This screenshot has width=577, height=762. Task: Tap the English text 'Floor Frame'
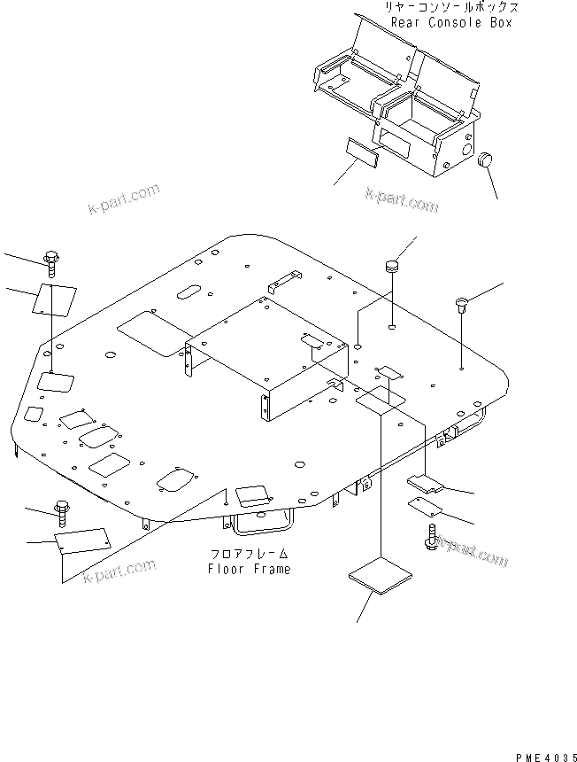tap(249, 569)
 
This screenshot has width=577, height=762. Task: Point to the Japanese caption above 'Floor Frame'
tap(249, 556)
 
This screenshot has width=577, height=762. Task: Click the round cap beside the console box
tap(484, 161)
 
